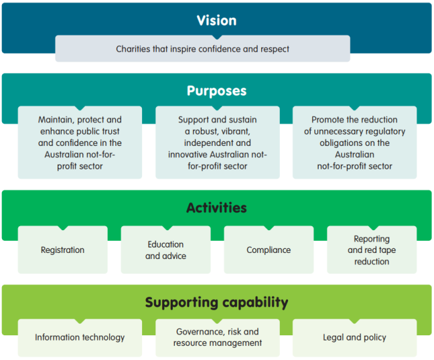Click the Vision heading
216,20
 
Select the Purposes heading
216,91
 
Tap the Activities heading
216,207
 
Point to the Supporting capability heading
216,302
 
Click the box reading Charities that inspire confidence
202,49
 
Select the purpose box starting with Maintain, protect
80,143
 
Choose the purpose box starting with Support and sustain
217,143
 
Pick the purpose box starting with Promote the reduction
354,143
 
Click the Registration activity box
62,250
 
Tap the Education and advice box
165,250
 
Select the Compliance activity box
269,250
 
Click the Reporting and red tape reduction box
371,250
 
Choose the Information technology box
80,337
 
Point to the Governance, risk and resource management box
217,337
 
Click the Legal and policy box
354,337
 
